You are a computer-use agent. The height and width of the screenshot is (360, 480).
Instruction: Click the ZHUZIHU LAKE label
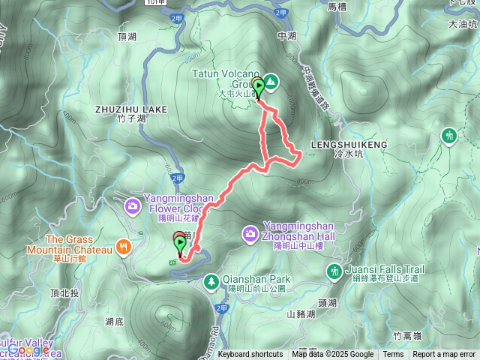click(x=131, y=109)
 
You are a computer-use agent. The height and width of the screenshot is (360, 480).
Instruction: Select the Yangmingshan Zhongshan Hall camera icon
click(x=250, y=235)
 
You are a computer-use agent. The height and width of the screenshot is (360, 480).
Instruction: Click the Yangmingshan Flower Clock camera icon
click(x=133, y=205)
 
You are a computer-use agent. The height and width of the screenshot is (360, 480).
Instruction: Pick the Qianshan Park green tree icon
click(x=212, y=280)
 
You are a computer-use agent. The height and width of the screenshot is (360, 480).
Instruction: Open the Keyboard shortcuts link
click(x=250, y=355)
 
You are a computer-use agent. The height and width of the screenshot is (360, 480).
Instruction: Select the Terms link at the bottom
click(x=393, y=355)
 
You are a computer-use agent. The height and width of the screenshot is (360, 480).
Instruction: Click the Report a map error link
click(x=444, y=355)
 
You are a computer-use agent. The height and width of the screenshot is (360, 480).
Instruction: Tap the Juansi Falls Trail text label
click(x=385, y=269)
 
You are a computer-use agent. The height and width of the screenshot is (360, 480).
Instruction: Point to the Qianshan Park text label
click(x=259, y=280)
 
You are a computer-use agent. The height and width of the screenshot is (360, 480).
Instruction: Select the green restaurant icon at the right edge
click(x=448, y=136)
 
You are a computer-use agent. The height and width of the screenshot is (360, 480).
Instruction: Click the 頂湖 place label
click(x=127, y=36)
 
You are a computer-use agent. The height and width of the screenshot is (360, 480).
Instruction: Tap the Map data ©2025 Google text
click(x=333, y=355)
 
